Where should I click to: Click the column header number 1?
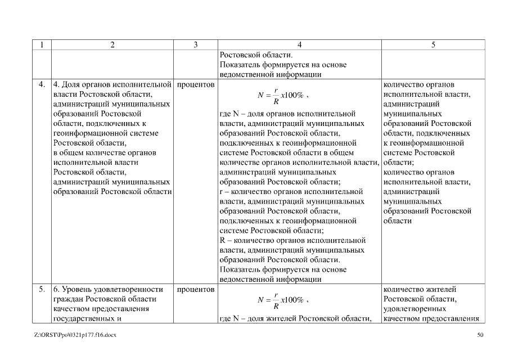(x=42, y=45)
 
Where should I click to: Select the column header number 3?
(x=195, y=45)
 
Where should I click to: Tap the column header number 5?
(x=433, y=45)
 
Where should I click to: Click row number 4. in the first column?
(x=42, y=85)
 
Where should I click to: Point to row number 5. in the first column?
(x=42, y=289)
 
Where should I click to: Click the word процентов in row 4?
(x=195, y=85)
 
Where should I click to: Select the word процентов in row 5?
(x=195, y=289)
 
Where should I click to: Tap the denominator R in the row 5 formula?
(x=276, y=306)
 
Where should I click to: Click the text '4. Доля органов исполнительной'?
(x=111, y=85)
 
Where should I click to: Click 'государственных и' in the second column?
(x=87, y=318)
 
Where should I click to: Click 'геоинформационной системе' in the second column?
(x=105, y=133)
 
